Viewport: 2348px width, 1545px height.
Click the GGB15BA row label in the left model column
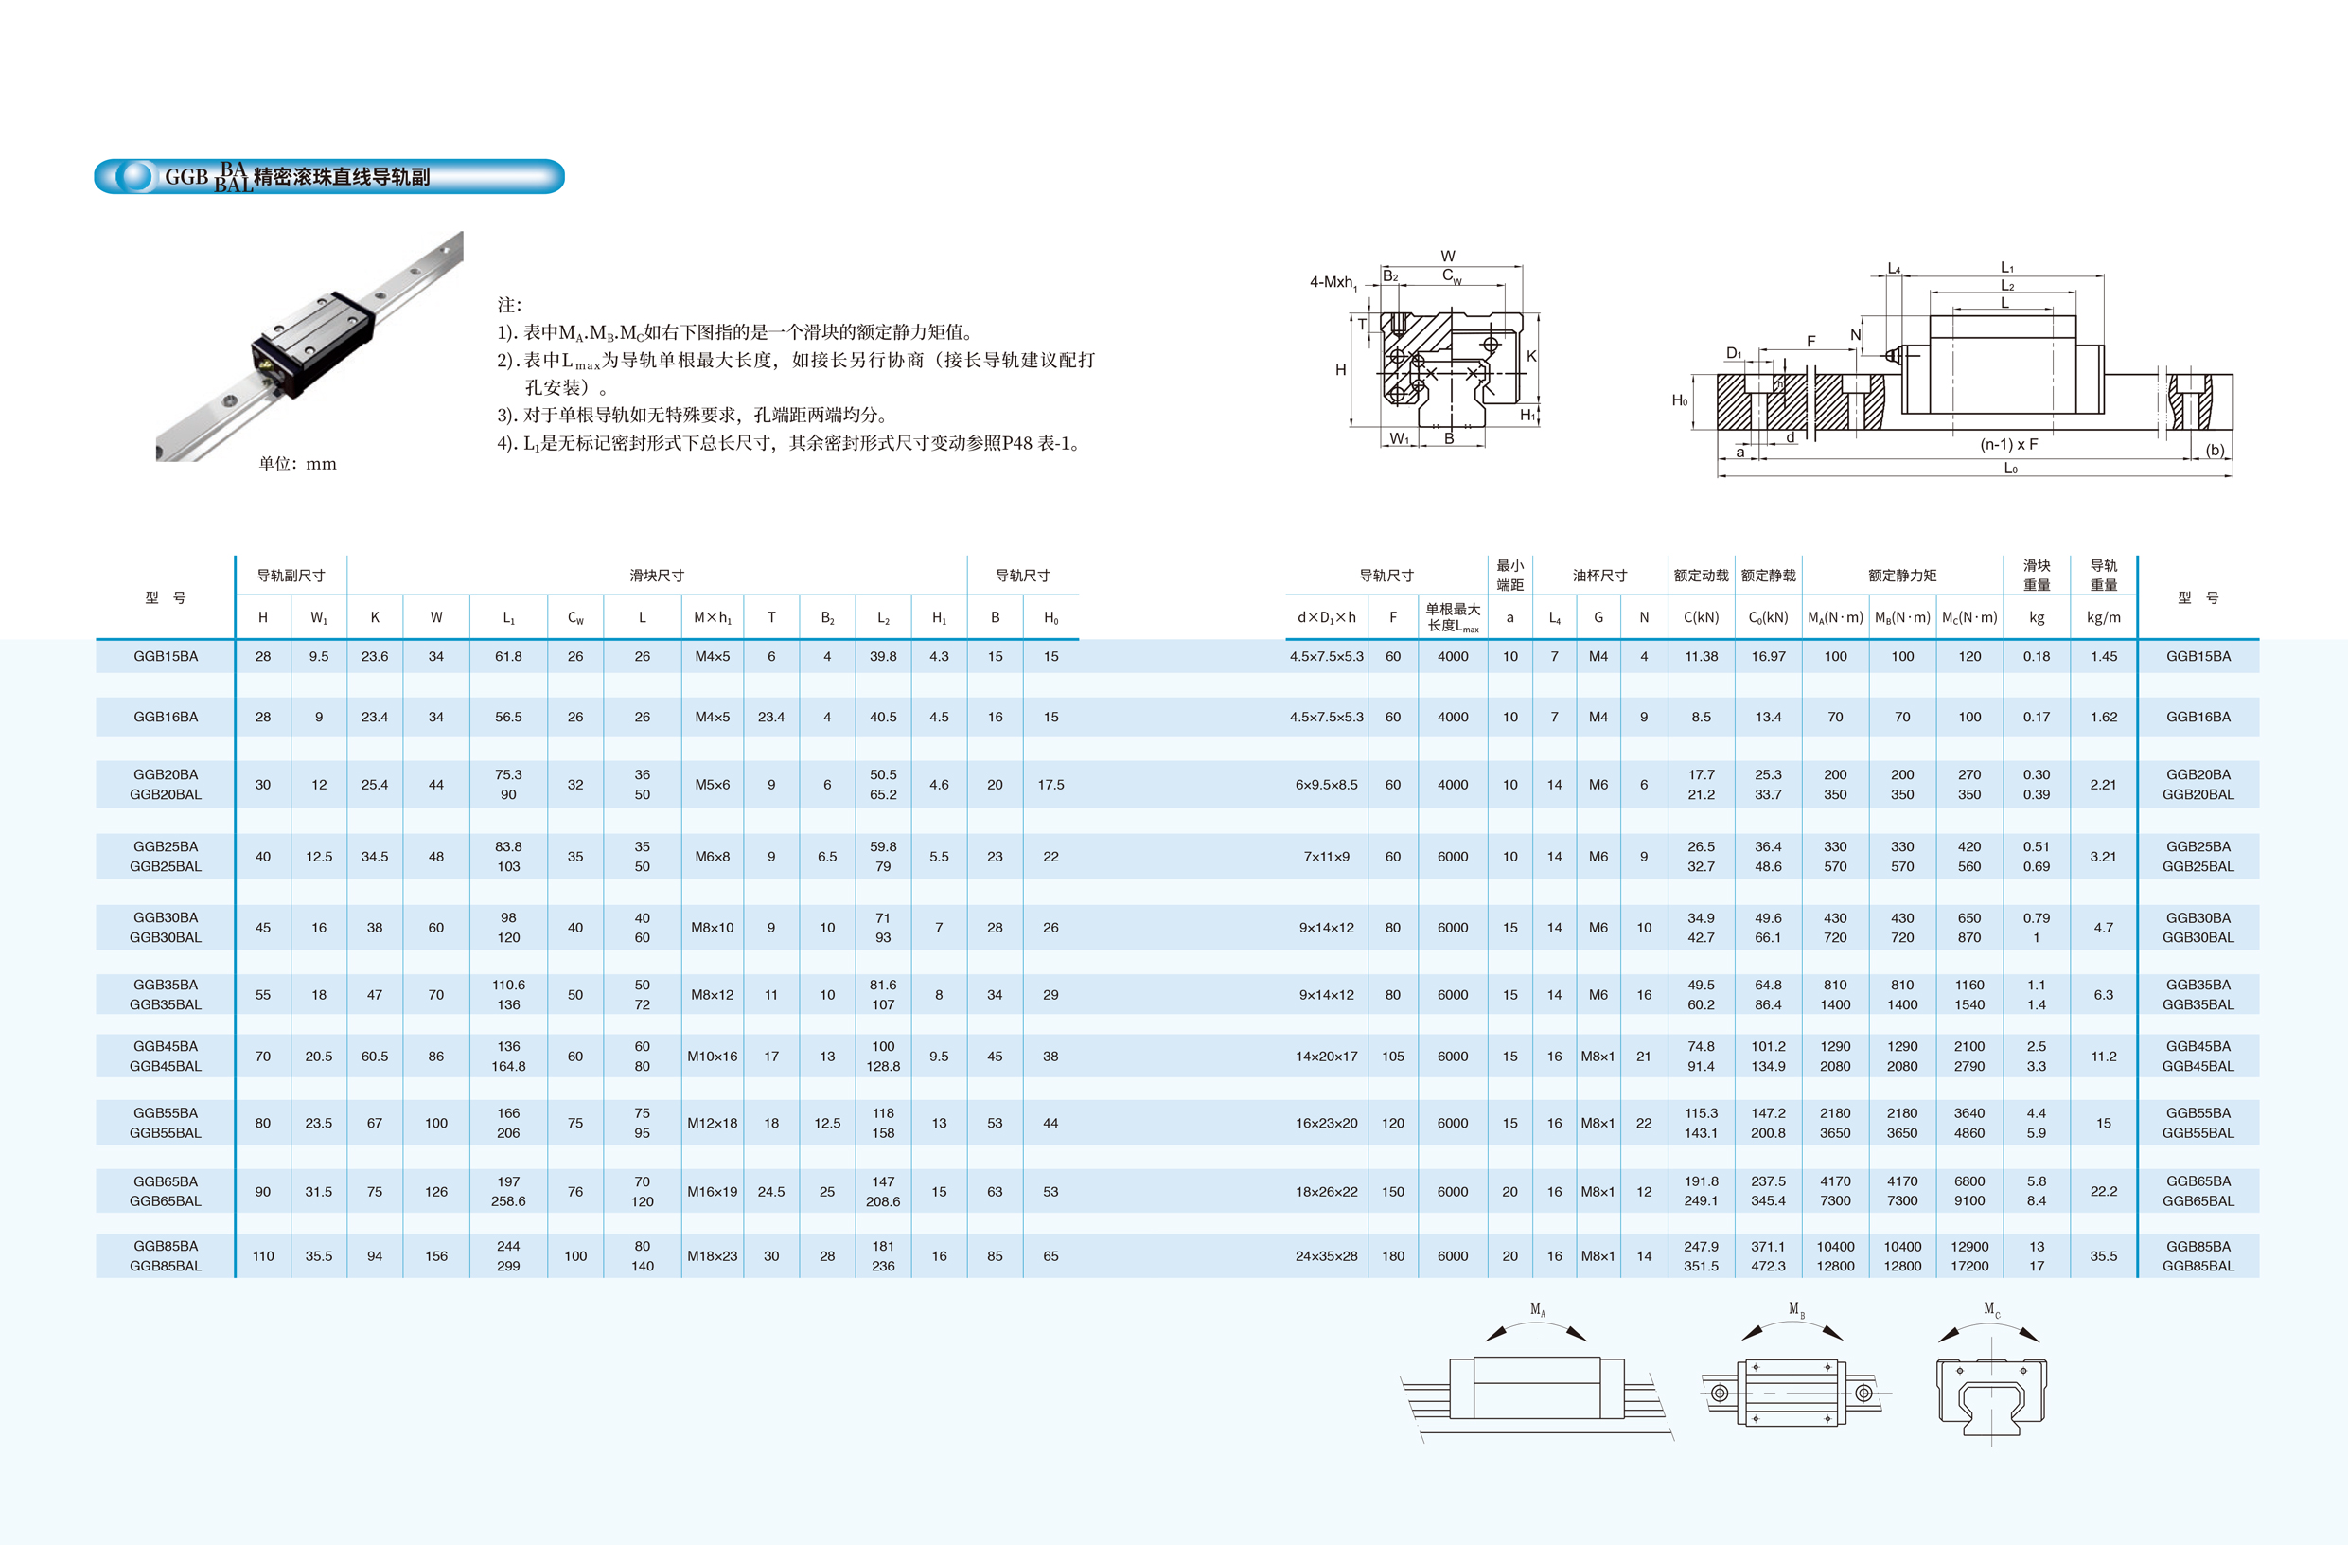click(166, 656)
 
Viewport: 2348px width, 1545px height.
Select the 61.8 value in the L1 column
click(508, 656)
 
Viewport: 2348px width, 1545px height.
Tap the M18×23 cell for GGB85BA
click(713, 1256)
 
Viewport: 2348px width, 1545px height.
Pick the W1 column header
click(319, 617)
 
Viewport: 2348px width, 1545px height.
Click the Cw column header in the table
click(575, 617)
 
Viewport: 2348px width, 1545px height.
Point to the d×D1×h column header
click(1326, 617)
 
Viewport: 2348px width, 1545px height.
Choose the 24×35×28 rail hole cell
click(1326, 1256)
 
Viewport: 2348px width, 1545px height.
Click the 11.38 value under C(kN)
click(1701, 656)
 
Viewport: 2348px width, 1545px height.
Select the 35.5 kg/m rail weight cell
click(2103, 1256)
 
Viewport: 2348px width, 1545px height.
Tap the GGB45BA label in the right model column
click(2198, 1046)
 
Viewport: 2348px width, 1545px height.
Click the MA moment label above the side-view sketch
click(1537, 1309)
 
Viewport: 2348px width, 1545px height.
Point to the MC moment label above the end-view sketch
click(1992, 1309)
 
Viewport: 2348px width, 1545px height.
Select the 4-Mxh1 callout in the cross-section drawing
click(1333, 282)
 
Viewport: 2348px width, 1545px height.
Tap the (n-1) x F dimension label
click(2008, 444)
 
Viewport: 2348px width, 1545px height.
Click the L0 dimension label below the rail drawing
click(2010, 468)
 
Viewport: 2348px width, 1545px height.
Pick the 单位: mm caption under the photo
click(298, 464)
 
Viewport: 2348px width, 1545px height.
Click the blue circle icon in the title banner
click(134, 177)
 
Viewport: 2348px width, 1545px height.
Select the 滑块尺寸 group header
click(657, 576)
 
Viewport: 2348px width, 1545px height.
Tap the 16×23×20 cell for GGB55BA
click(1326, 1123)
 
